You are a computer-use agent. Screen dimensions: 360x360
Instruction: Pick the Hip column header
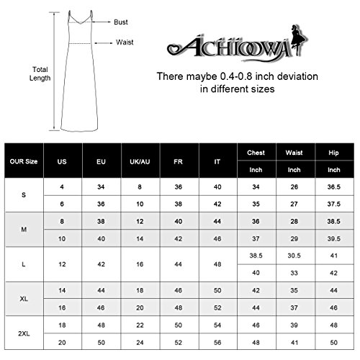pyautogui.click(x=333, y=153)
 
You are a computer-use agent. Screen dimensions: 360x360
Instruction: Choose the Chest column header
pyautogui.click(x=256, y=153)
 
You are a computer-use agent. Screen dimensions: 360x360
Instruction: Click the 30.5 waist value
pyautogui.click(x=294, y=255)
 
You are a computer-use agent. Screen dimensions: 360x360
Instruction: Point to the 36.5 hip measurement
pyautogui.click(x=333, y=188)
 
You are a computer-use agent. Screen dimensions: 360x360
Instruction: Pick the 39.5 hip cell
pyautogui.click(x=333, y=238)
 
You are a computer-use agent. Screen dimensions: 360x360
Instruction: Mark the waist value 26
pyautogui.click(x=294, y=188)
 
